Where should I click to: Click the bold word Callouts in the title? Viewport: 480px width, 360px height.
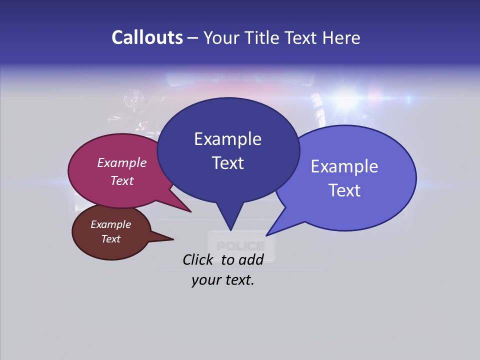point(147,37)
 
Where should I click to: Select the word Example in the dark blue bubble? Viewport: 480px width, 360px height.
point(227,139)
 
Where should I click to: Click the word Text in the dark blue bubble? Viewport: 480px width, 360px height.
point(227,163)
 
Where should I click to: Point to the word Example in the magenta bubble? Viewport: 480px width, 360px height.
point(122,162)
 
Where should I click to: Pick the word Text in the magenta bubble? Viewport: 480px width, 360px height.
point(122,180)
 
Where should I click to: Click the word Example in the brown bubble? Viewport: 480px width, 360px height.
point(110,224)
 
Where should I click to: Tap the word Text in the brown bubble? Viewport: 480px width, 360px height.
point(110,239)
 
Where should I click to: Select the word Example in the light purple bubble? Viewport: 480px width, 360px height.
point(344,166)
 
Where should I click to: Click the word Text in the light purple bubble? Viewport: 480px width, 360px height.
point(344,190)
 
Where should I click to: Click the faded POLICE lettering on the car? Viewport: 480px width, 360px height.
point(241,246)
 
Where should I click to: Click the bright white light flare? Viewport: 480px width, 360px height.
point(346,99)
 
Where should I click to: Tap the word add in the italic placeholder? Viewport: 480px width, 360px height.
point(251,259)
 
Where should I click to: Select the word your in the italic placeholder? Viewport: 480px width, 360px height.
point(205,280)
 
